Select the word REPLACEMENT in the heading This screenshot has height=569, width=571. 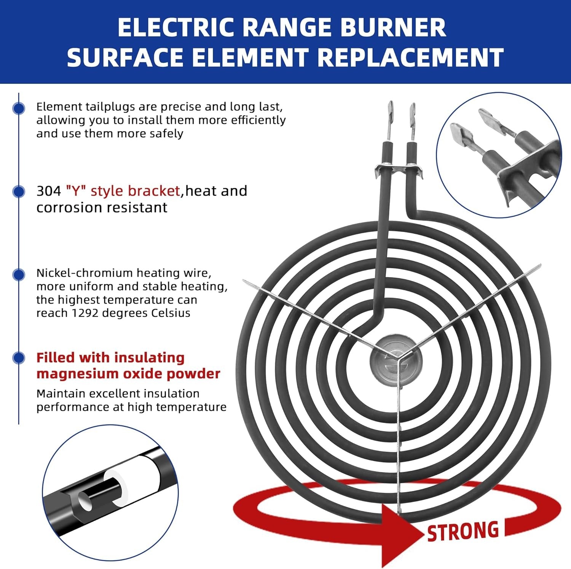410,58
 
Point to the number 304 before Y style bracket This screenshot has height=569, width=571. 48,191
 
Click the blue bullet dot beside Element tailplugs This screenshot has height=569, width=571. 19,108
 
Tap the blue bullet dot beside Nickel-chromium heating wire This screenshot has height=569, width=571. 19,274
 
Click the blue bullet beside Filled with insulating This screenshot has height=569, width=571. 19,358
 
